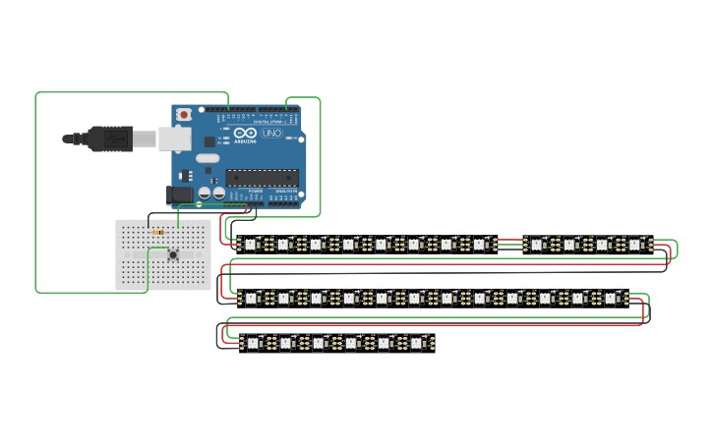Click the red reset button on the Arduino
[x=184, y=115]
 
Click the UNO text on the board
[x=271, y=133]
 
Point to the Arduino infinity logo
[x=246, y=133]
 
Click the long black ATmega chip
[x=261, y=178]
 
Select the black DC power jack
[x=181, y=195]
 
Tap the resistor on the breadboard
[x=158, y=233]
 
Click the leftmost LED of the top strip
[x=250, y=244]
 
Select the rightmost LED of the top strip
[x=634, y=244]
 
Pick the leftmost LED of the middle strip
[x=250, y=297]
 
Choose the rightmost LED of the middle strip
[x=610, y=297]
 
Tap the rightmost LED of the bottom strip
[x=416, y=343]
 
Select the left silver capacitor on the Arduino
[x=205, y=194]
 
